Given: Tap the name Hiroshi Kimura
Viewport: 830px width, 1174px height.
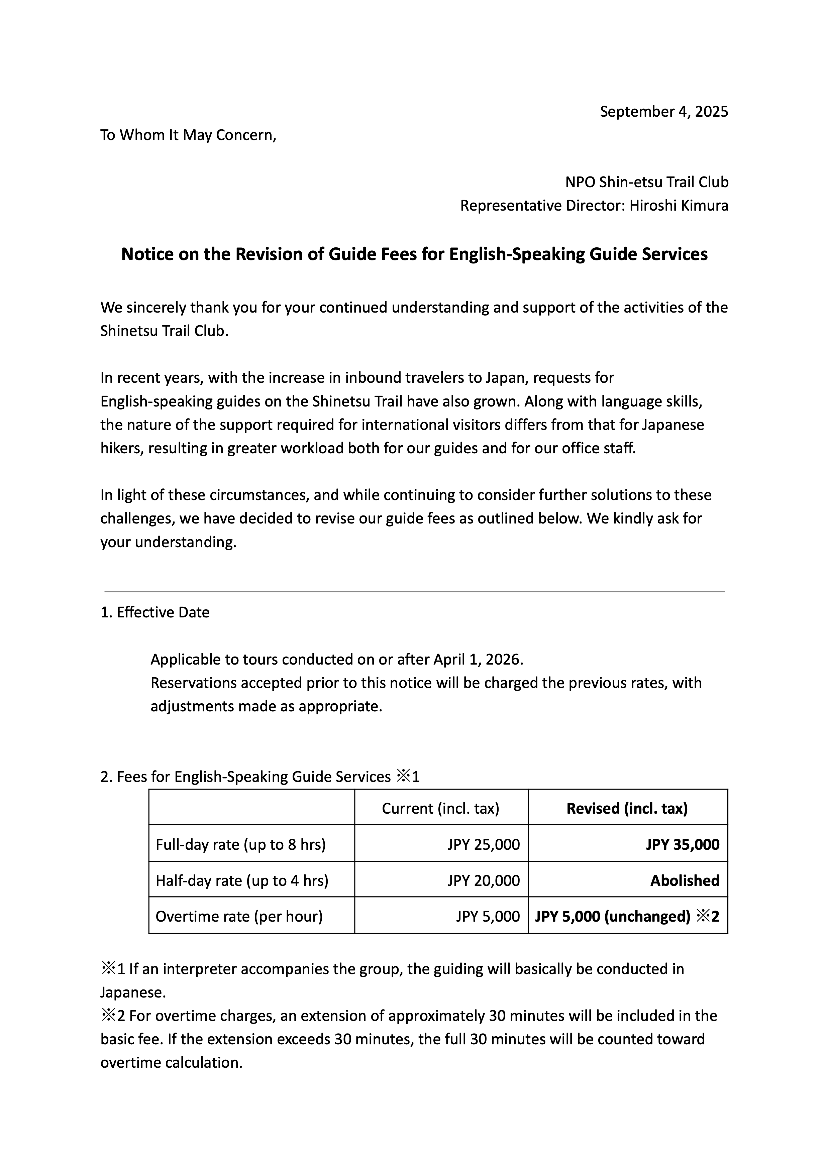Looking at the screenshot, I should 679,206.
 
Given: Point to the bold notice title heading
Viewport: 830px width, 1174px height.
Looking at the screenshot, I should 414,254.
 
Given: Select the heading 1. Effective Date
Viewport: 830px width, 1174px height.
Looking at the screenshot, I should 155,612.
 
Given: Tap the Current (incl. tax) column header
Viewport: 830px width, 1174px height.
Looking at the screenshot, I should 440,808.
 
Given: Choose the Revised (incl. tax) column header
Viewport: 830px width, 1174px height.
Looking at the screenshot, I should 627,808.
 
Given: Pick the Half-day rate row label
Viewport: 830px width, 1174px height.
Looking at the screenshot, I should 242,881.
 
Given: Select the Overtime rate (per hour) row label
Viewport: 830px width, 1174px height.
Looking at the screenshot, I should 239,916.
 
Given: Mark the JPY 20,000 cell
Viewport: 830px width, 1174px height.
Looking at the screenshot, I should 483,881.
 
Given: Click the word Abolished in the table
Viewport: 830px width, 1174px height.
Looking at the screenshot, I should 684,881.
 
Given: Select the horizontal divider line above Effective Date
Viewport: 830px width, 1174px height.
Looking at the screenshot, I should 414,592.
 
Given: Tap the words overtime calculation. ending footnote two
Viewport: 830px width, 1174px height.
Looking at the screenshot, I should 171,1063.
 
